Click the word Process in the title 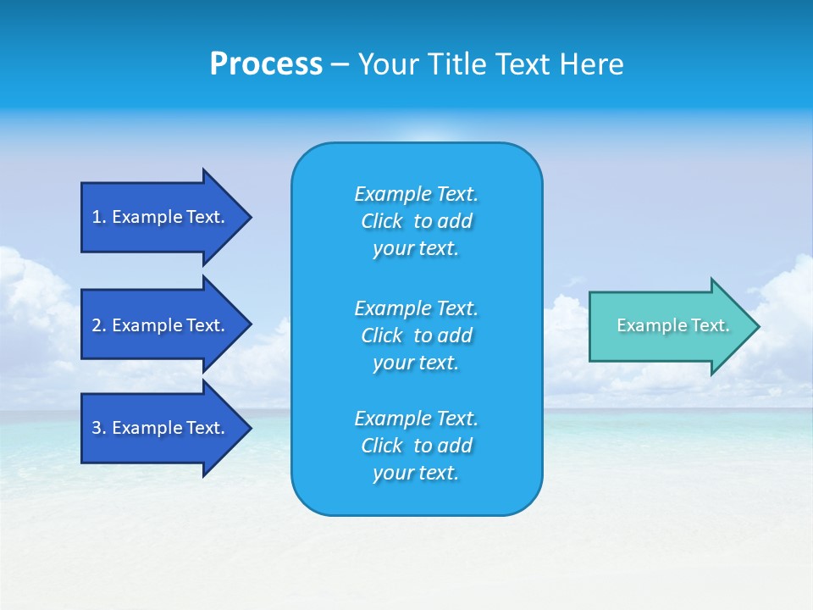(x=266, y=64)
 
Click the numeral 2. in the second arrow (x=98, y=325)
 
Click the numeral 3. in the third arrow (x=98, y=428)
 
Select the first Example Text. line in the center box (x=416, y=194)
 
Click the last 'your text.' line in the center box (x=416, y=473)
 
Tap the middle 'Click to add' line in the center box (x=416, y=335)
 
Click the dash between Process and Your (x=340, y=64)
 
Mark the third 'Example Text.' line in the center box (x=416, y=419)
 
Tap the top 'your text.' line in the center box (x=416, y=249)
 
